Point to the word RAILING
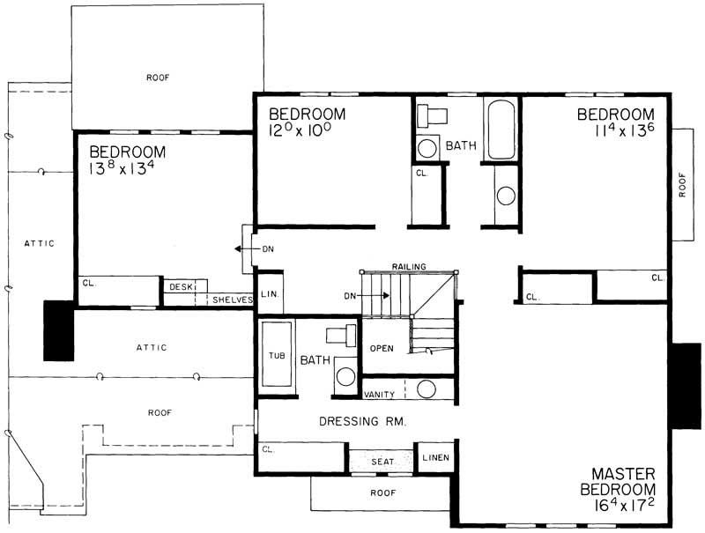(411, 265)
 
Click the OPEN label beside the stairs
(382, 346)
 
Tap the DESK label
(181, 286)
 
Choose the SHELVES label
(232, 300)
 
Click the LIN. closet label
(269, 295)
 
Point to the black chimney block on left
(59, 329)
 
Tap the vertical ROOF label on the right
(683, 185)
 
